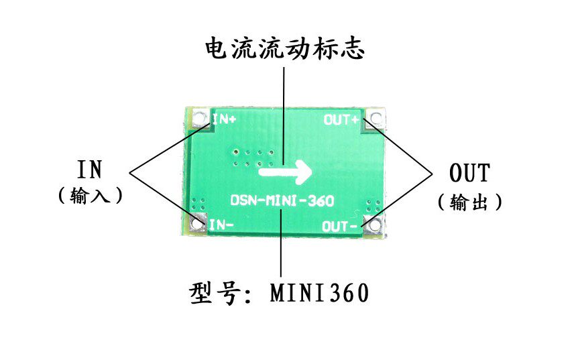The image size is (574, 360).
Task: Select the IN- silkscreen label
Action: point(221,225)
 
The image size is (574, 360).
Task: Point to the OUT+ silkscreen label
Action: point(341,120)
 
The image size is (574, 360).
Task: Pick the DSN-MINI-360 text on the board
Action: point(282,200)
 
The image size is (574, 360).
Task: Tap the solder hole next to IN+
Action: point(200,121)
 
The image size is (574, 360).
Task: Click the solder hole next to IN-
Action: point(197,224)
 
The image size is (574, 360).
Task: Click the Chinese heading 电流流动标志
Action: point(284,48)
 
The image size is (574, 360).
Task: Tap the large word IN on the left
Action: point(89,170)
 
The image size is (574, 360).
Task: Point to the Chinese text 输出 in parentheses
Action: point(469,202)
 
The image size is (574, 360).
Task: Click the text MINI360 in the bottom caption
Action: point(320,293)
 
